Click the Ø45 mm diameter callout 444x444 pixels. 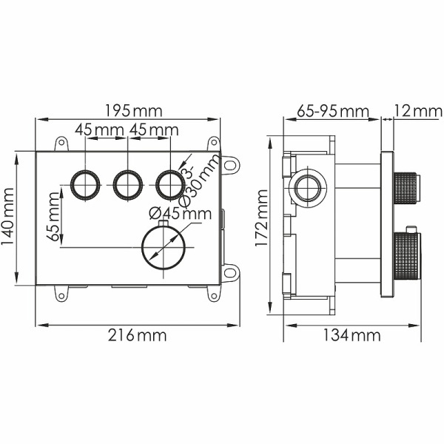click(180, 215)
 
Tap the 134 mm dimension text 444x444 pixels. click(351, 335)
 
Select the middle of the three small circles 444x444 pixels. click(127, 183)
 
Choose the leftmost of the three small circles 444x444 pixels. click(86, 183)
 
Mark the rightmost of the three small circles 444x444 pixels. click(169, 183)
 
